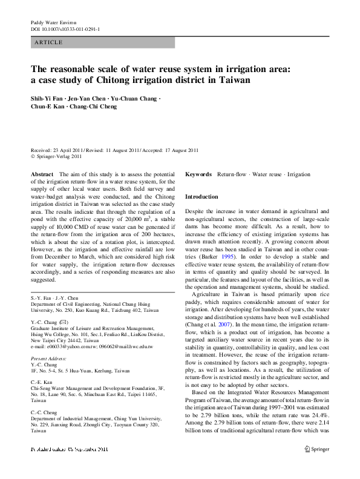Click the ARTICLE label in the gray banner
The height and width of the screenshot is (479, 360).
click(x=48, y=42)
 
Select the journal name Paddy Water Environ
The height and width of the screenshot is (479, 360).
click(x=54, y=22)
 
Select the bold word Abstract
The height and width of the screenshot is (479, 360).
click(x=42, y=174)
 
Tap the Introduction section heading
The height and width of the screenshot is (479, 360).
click(x=201, y=197)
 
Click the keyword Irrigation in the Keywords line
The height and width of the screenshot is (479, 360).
click(x=298, y=174)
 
